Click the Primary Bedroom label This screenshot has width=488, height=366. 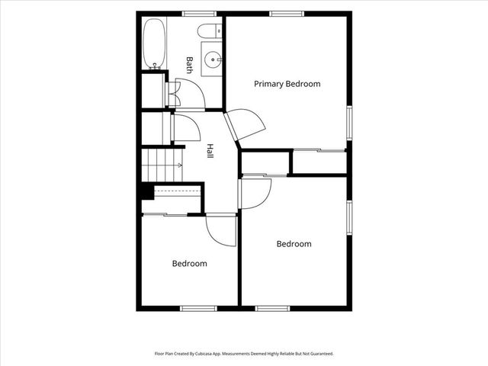point(287,84)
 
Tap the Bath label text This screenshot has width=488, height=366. point(189,65)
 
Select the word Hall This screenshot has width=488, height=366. point(210,151)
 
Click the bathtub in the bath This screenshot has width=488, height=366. point(154,44)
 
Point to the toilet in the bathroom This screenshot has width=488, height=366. point(210,30)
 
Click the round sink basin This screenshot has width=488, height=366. point(213,59)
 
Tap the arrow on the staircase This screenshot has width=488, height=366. point(180,165)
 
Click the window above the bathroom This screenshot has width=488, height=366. point(199,14)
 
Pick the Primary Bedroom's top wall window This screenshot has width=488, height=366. point(287,14)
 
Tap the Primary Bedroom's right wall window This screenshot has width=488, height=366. point(349,123)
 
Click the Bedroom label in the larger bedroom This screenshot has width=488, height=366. point(294,244)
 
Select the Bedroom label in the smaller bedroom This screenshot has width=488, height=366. point(190,264)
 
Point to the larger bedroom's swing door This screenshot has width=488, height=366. point(255,194)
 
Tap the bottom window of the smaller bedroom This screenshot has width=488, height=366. point(198,308)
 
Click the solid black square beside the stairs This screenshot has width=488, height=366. point(147,192)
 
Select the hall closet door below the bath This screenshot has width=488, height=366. point(186,127)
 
